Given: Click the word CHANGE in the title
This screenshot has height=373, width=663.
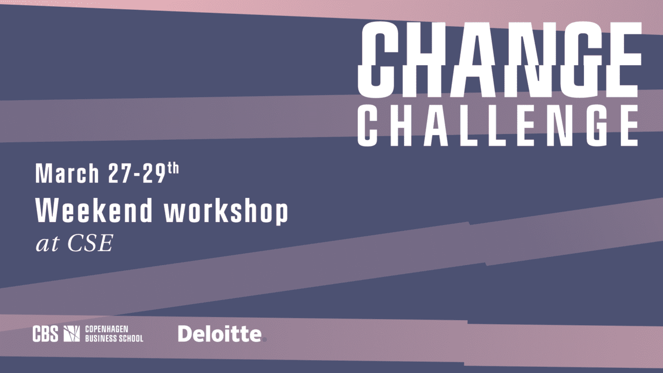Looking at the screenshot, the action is click(x=500, y=60).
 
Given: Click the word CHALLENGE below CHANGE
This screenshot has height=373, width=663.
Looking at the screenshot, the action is click(x=498, y=125).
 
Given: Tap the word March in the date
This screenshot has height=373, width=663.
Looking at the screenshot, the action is click(x=67, y=173).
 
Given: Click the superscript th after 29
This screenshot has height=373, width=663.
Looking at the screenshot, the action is click(x=173, y=168).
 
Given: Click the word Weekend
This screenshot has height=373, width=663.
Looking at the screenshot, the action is click(x=94, y=210).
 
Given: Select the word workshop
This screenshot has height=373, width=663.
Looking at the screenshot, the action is click(x=226, y=211).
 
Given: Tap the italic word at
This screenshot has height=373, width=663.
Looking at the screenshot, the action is click(x=47, y=245).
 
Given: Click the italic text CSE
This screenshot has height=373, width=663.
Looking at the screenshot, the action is click(x=90, y=243).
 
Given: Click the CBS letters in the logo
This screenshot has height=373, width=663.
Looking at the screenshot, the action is click(x=45, y=334).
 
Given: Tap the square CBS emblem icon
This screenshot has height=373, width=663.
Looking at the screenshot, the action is click(x=71, y=334).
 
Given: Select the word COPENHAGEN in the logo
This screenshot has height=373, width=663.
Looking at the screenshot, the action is click(x=106, y=329).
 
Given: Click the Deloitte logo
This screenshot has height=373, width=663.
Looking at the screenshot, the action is click(x=222, y=333).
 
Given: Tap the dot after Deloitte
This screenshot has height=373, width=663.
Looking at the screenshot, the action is click(x=265, y=340).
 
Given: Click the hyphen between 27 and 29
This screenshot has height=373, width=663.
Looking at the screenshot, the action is click(x=137, y=176).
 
